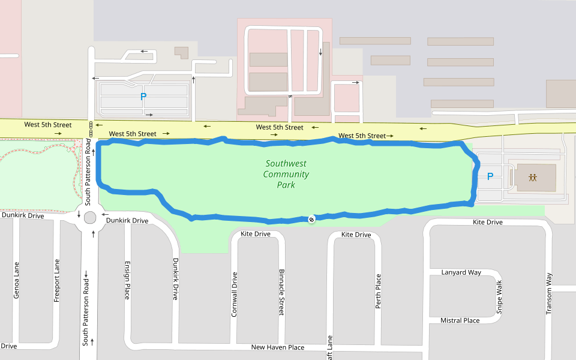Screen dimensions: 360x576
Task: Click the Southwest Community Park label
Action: coord(286,174)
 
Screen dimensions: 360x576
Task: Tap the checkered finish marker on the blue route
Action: coord(311,219)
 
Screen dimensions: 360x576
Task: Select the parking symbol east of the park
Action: coord(490,177)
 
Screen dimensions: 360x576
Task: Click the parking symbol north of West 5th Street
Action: coord(143,96)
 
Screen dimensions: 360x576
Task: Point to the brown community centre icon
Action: coord(532,178)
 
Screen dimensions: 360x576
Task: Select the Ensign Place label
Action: coord(127,280)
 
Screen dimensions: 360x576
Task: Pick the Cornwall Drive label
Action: coord(235,294)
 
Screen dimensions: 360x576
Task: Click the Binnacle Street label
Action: coord(281,292)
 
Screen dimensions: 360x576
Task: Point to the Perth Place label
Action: coord(378,292)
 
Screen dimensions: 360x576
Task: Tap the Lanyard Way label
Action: coord(461,272)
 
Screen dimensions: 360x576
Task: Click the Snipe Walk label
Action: coord(499,297)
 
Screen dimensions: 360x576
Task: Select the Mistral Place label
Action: coord(460,320)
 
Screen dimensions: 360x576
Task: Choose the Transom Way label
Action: coord(548,295)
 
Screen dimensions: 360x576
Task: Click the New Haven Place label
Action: coord(277,347)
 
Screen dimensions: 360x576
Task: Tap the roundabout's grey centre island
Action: coord(91,217)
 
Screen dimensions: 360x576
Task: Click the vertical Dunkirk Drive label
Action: coord(176,279)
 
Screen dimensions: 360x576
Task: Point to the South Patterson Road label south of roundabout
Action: coord(86,311)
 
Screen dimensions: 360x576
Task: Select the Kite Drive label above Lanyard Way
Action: coord(487,223)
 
